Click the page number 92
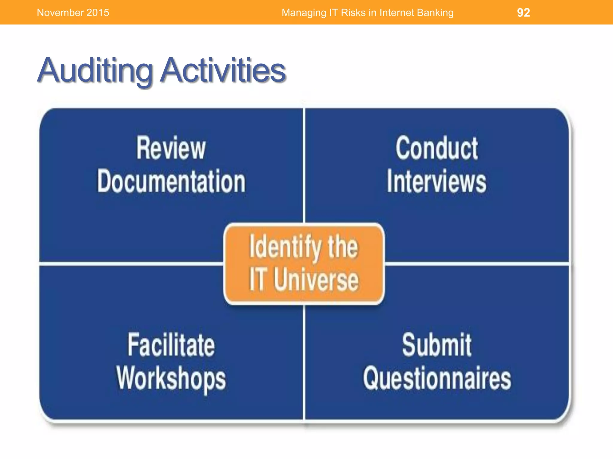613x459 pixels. tap(523, 13)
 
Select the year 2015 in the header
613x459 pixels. tap(98, 13)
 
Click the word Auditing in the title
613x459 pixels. tap(95, 71)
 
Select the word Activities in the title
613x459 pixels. tap(223, 71)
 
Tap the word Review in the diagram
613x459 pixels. tap(171, 148)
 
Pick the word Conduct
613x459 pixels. tap(436, 148)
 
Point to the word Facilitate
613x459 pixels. tap(171, 345)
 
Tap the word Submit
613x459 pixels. tap(436, 345)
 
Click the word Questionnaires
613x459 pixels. tap(436, 378)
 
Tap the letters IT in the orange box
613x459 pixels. tap(257, 279)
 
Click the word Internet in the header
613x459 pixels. tap(397, 13)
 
